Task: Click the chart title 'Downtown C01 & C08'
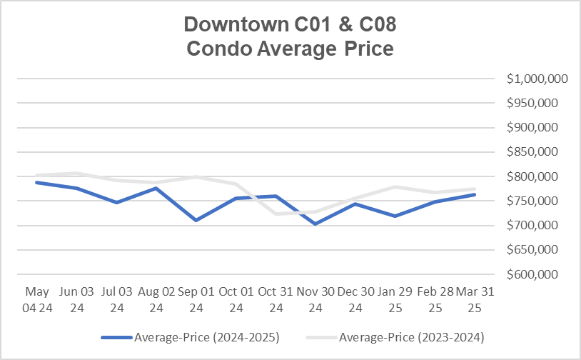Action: pyautogui.click(x=290, y=24)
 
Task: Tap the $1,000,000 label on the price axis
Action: pyautogui.click(x=537, y=79)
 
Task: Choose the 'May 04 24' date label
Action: pyautogui.click(x=37, y=299)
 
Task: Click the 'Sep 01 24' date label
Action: pyautogui.click(x=196, y=299)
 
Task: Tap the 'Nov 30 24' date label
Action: pyautogui.click(x=315, y=299)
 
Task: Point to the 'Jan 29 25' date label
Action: pyautogui.click(x=394, y=299)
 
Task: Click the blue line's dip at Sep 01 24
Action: pyautogui.click(x=196, y=220)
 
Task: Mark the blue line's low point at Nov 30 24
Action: pyautogui.click(x=315, y=224)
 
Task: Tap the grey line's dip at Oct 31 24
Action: pyautogui.click(x=276, y=214)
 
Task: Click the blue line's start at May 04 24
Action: pyautogui.click(x=37, y=182)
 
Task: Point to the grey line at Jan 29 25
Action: pyautogui.click(x=394, y=187)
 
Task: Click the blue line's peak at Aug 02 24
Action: pyautogui.click(x=156, y=188)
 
